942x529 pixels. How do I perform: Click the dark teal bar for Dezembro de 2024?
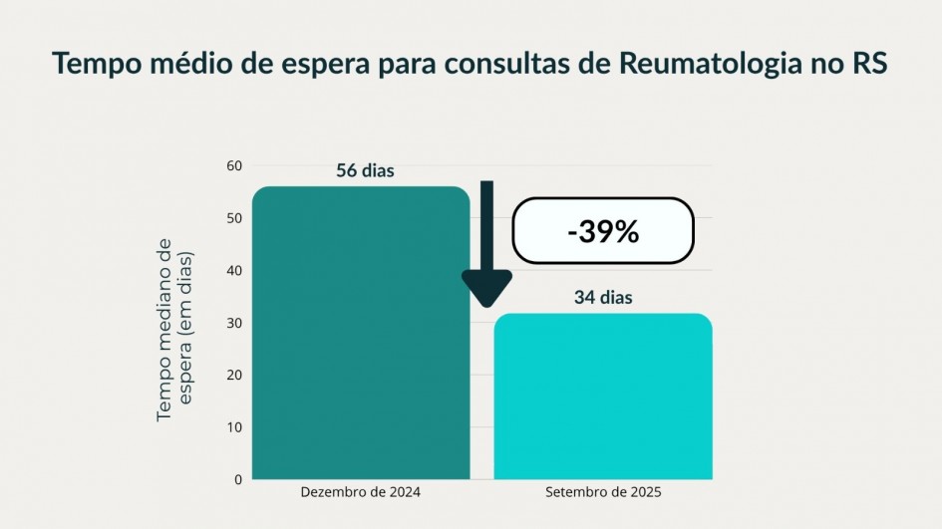click(x=361, y=334)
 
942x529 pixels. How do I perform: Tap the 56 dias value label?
click(x=365, y=170)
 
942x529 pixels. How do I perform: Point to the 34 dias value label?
click(x=603, y=297)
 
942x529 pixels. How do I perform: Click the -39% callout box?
click(x=602, y=231)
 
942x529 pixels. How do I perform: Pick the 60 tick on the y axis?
click(x=234, y=165)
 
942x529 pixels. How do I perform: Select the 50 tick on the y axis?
click(x=234, y=218)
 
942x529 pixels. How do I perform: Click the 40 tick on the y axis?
click(x=234, y=270)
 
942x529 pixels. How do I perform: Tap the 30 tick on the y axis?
click(x=234, y=323)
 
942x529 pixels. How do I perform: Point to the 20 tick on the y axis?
click(x=234, y=375)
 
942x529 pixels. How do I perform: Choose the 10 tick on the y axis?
click(x=234, y=427)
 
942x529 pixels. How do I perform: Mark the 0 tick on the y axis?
click(x=238, y=479)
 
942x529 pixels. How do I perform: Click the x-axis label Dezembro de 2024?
click(x=361, y=493)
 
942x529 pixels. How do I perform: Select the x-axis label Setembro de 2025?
click(x=603, y=493)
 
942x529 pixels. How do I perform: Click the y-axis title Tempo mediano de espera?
click(x=174, y=328)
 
